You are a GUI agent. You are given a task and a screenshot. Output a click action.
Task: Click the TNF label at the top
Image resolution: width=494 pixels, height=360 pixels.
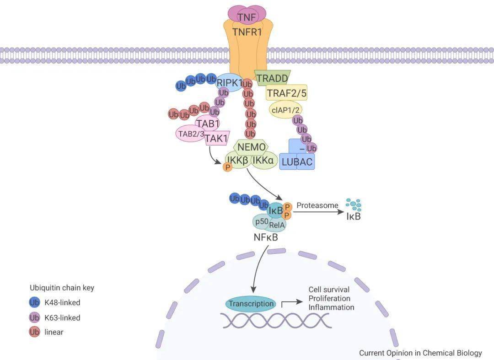[247, 17]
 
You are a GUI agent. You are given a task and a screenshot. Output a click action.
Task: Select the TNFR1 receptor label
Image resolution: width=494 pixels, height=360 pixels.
[247, 32]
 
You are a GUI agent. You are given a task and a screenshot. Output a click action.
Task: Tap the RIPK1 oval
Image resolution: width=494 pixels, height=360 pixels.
[229, 82]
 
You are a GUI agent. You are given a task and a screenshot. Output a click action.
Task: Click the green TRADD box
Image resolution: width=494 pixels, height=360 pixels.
[272, 78]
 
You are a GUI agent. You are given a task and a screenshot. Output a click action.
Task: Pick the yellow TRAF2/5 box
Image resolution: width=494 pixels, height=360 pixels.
[287, 93]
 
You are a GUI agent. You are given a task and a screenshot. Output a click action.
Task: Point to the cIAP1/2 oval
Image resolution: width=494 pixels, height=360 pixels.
[285, 109]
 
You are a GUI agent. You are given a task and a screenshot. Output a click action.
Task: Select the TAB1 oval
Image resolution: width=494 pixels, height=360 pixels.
[208, 123]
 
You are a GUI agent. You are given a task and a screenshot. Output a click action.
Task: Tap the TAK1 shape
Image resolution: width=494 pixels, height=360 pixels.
[216, 138]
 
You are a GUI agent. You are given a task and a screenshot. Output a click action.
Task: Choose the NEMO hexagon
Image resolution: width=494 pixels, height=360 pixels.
[251, 147]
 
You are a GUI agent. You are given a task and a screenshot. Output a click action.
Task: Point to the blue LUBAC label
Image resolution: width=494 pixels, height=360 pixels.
[297, 162]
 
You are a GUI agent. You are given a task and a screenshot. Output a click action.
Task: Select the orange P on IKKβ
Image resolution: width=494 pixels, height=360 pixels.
[227, 167]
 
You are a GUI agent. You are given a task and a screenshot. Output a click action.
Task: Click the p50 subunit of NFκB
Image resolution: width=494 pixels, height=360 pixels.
[262, 221]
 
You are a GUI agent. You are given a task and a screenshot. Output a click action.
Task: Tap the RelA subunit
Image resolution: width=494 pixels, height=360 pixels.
[277, 225]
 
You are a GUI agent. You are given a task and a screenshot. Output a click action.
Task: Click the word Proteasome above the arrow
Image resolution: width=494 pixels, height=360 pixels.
[317, 205]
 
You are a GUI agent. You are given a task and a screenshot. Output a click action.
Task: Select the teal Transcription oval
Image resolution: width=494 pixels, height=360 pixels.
[251, 303]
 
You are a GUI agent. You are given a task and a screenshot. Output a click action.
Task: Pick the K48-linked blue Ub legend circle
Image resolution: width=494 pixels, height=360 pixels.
[34, 302]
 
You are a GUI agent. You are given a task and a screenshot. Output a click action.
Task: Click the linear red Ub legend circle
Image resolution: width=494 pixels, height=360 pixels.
[34, 332]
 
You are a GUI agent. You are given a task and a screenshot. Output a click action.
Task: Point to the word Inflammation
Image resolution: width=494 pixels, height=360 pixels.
[331, 307]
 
